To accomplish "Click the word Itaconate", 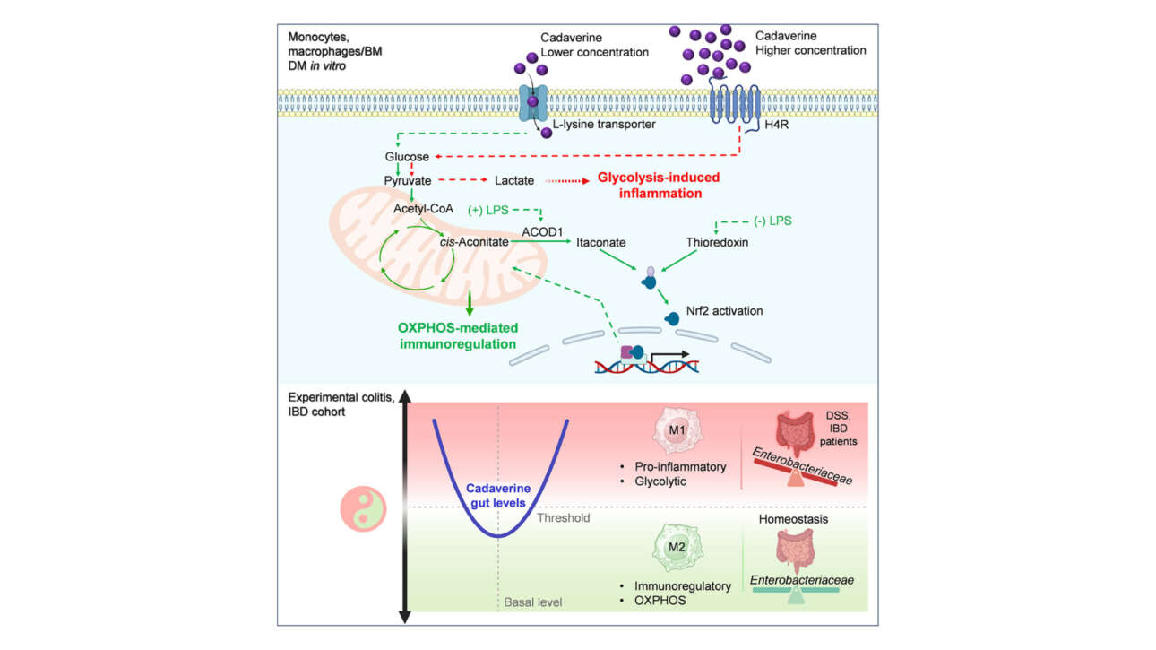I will pyautogui.click(x=600, y=243).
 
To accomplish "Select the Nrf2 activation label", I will pyautogui.click(x=725, y=312).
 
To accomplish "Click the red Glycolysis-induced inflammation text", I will pyautogui.click(x=658, y=185).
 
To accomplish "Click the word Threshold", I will pyautogui.click(x=563, y=518).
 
